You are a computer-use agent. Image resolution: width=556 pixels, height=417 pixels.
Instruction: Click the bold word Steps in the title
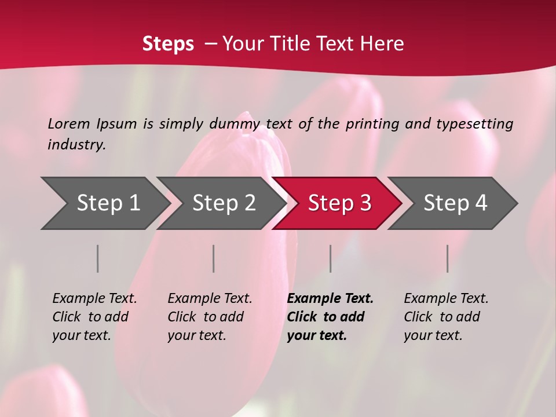point(168,43)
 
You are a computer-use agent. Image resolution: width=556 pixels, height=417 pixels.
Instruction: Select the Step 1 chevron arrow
point(104,203)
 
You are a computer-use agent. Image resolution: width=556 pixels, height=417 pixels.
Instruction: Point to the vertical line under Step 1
point(98,258)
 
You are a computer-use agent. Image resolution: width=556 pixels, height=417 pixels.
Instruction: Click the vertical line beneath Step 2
point(214,258)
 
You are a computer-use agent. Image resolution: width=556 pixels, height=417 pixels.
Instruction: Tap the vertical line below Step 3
point(330,258)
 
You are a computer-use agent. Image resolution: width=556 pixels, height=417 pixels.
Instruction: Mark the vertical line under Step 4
point(447,258)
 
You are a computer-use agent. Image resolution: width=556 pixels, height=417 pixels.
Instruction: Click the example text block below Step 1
point(94,317)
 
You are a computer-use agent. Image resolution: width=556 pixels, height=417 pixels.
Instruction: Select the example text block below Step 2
point(209,317)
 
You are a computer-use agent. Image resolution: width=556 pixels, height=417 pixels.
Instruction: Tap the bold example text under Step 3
point(330,317)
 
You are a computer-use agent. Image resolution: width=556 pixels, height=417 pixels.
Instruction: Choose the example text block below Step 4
point(445,317)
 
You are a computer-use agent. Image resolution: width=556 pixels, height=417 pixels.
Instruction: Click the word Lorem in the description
point(69,124)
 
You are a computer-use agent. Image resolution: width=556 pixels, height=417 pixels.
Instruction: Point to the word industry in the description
point(76,145)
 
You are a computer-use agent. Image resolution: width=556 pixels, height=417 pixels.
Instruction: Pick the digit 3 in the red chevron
point(365,203)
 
